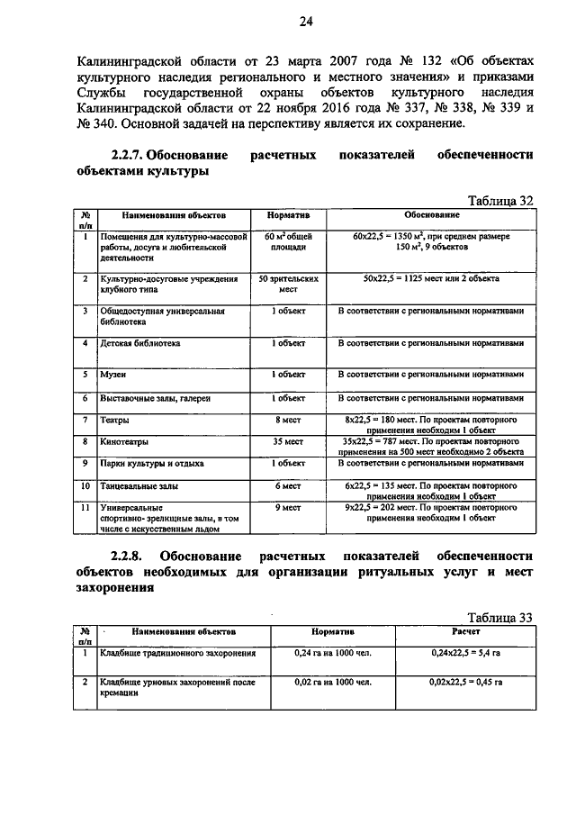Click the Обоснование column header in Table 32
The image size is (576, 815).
tap(431, 216)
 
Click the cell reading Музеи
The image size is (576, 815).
tap(113, 374)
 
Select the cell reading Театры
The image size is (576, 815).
tap(115, 421)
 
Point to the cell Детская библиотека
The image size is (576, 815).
tap(141, 343)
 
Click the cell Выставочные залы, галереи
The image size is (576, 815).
tap(156, 397)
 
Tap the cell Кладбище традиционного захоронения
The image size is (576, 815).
tap(178, 653)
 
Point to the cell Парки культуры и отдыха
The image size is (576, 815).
tap(152, 463)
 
